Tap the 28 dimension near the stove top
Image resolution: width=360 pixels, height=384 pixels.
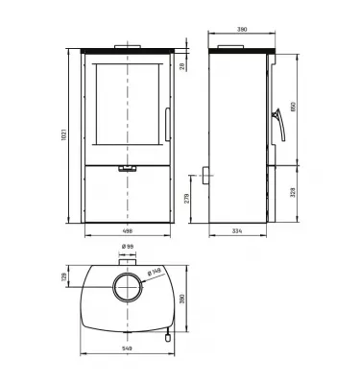(x=182, y=66)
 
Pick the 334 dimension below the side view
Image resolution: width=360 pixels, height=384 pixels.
(x=239, y=230)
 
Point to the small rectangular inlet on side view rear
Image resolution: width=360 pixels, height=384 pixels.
(x=204, y=176)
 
